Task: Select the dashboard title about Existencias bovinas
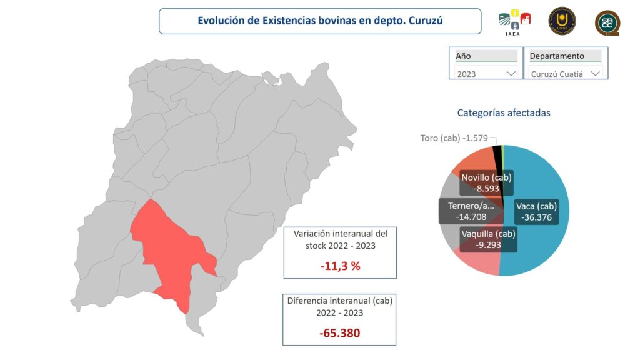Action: [320, 21]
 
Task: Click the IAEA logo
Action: [514, 22]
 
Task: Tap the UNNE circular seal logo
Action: [562, 21]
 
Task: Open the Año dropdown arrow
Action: [511, 74]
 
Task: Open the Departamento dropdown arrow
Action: [595, 74]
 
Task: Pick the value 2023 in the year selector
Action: [467, 74]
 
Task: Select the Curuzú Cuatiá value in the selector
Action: [556, 74]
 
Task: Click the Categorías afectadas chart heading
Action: [504, 113]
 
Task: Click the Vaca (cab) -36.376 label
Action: [536, 212]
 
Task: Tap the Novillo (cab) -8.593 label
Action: [486, 182]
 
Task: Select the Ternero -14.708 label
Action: [471, 211]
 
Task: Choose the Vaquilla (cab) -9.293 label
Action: [488, 240]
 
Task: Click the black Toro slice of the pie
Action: [497, 154]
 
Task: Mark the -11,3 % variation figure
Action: [340, 266]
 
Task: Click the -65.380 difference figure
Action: [340, 333]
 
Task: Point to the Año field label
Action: [463, 56]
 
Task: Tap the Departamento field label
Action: [557, 56]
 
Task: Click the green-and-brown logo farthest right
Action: [607, 22]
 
